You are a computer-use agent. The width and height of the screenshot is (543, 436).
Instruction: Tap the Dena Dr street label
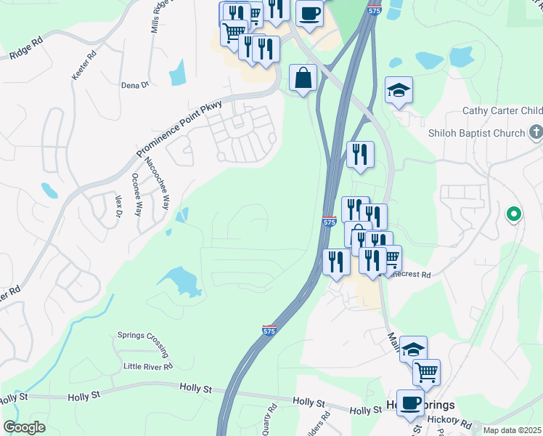(x=135, y=85)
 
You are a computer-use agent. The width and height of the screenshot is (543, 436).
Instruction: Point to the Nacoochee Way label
(x=156, y=183)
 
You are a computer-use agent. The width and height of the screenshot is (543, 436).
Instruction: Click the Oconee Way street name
(x=136, y=191)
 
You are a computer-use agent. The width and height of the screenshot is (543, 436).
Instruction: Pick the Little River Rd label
(x=147, y=366)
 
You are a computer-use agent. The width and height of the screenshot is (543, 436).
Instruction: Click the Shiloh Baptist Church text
(x=476, y=133)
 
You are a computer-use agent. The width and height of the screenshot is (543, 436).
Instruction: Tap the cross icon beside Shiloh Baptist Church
(x=536, y=132)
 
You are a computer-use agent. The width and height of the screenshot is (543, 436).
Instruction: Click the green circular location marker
(x=514, y=214)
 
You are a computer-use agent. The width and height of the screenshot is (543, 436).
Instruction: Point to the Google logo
(x=24, y=427)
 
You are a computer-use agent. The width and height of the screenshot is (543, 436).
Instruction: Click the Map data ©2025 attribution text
(x=511, y=429)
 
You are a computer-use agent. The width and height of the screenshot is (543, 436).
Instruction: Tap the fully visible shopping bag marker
(x=303, y=78)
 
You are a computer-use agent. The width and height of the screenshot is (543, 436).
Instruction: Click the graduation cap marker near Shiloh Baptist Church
(x=399, y=91)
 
